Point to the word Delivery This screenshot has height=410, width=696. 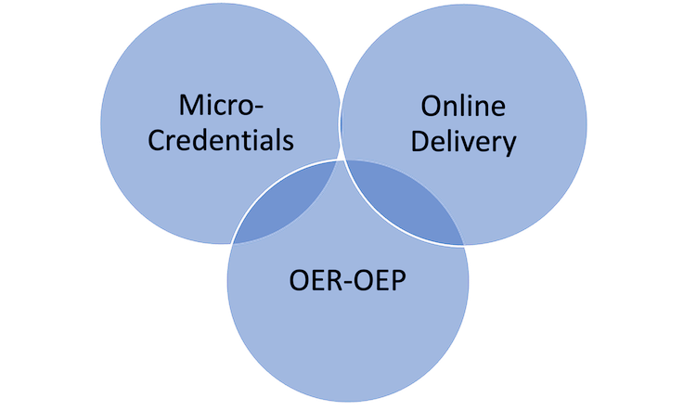pyautogui.click(x=463, y=144)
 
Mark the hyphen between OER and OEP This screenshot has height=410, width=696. pyautogui.click(x=342, y=278)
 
